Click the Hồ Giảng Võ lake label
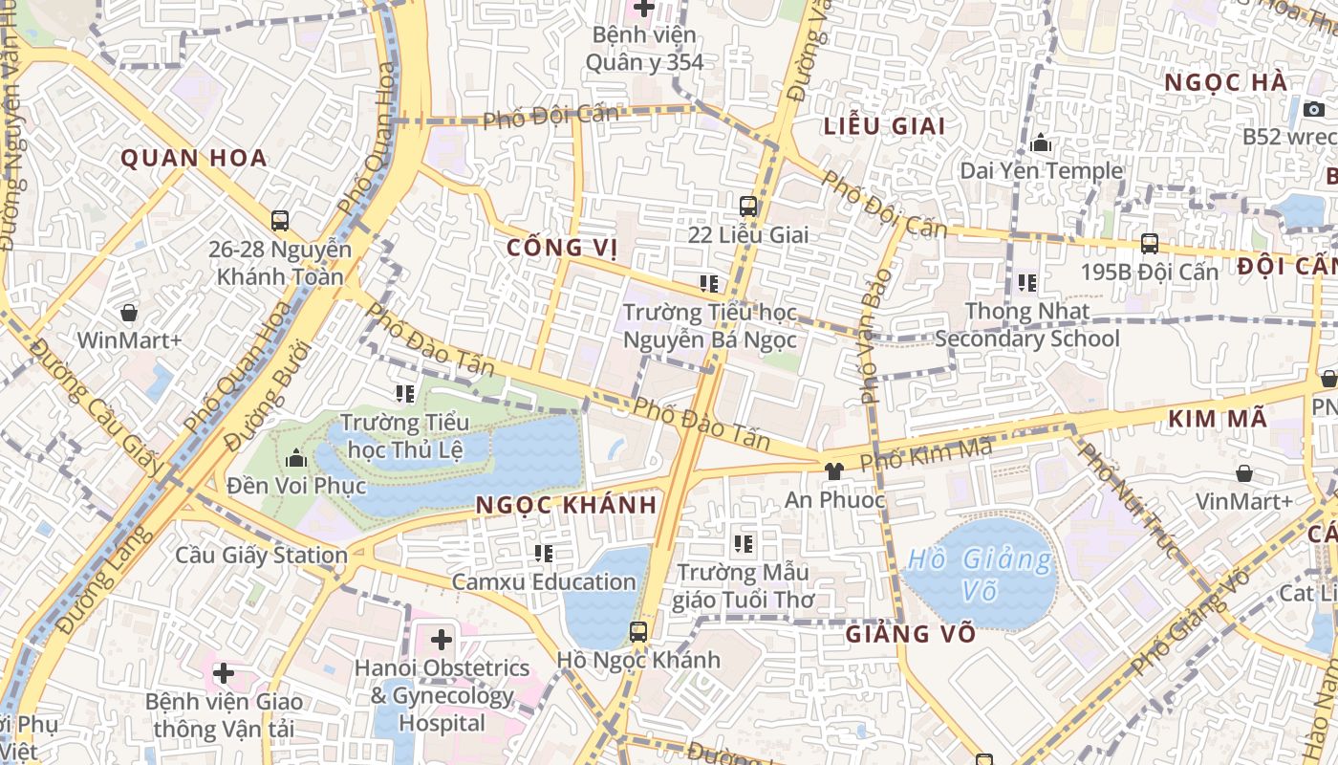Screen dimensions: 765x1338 point(980,575)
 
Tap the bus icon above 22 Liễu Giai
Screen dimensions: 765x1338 point(748,206)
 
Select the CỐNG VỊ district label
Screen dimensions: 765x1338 point(562,248)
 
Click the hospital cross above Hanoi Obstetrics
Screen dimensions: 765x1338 point(442,639)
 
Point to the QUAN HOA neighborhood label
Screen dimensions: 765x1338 point(194,158)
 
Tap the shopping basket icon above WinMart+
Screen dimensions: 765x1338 point(129,313)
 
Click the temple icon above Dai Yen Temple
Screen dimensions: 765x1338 point(1042,143)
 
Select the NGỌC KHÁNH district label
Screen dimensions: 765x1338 point(567,505)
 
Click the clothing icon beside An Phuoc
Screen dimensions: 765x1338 point(834,470)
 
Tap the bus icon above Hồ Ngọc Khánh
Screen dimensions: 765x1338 point(638,631)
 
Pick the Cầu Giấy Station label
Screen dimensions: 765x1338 point(261,555)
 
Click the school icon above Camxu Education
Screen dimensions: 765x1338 point(544,553)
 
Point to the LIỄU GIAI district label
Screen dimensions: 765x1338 point(884,126)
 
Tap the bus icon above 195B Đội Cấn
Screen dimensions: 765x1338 point(1150,244)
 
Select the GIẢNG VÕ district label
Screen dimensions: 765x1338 point(911,633)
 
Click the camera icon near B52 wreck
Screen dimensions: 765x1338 point(1314,109)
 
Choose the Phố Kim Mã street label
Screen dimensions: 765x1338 point(925,452)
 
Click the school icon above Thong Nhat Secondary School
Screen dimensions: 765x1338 point(1027,283)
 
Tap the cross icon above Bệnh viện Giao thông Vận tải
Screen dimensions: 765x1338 point(224,673)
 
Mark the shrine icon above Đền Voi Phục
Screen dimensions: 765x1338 point(296,458)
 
